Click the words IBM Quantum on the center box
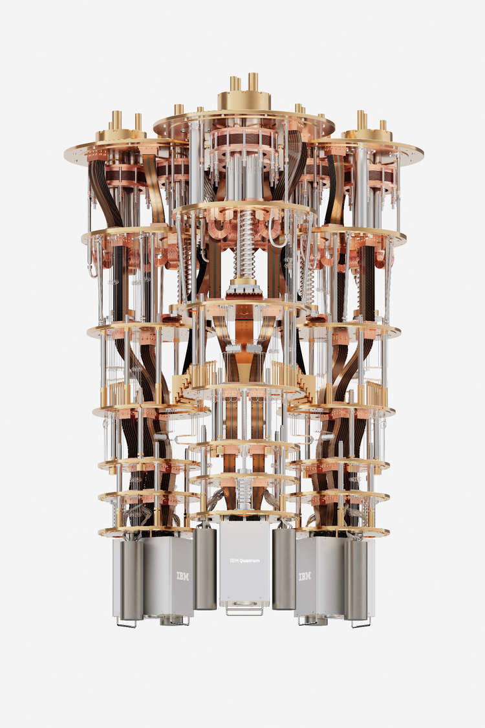click(x=244, y=560)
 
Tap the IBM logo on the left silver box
click(x=183, y=576)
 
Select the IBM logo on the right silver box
click(x=305, y=577)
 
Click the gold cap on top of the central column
click(x=244, y=100)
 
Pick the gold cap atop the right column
click(x=367, y=135)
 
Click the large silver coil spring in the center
click(x=244, y=244)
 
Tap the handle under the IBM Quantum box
click(x=244, y=608)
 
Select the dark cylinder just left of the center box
click(x=205, y=568)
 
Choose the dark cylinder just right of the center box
click(x=284, y=568)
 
